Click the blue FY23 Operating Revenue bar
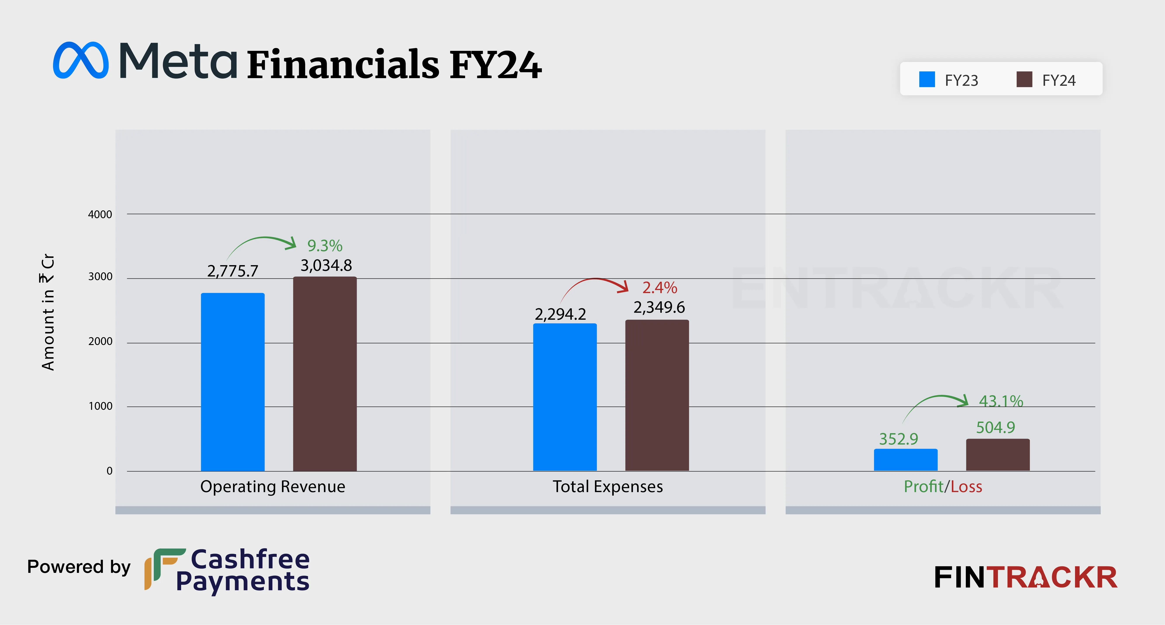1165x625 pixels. pyautogui.click(x=232, y=382)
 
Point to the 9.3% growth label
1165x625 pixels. pyautogui.click(x=325, y=246)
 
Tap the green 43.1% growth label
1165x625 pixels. pyautogui.click(x=1001, y=401)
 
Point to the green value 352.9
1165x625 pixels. pyautogui.click(x=898, y=439)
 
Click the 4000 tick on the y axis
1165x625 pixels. pyautogui.click(x=100, y=215)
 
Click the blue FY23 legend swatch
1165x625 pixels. pyautogui.click(x=927, y=79)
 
